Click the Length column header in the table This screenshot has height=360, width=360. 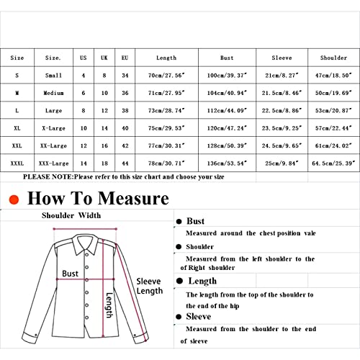(x=166, y=58)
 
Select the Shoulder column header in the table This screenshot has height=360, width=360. (x=333, y=58)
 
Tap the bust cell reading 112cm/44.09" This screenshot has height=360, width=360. (x=227, y=110)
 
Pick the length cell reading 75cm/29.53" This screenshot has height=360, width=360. (x=166, y=128)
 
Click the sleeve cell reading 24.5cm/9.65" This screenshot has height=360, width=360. (x=282, y=145)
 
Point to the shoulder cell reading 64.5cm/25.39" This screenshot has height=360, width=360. (x=333, y=163)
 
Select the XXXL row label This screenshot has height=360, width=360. (x=17, y=163)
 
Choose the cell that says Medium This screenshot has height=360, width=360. (x=53, y=93)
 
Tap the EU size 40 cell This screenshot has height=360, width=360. (x=125, y=128)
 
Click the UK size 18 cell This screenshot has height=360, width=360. (x=104, y=163)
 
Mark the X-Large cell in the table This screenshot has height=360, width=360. (x=53, y=128)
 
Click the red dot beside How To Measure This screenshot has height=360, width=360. (x=14, y=199)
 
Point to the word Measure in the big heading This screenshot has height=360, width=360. (x=133, y=199)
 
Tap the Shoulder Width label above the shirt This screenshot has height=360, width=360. (x=71, y=215)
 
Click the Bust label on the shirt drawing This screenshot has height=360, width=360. (x=70, y=274)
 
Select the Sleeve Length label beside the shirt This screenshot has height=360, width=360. (x=150, y=286)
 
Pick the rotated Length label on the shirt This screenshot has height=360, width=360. (x=109, y=305)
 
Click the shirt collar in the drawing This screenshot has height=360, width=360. (x=86, y=244)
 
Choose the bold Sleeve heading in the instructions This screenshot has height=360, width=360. (x=199, y=317)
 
